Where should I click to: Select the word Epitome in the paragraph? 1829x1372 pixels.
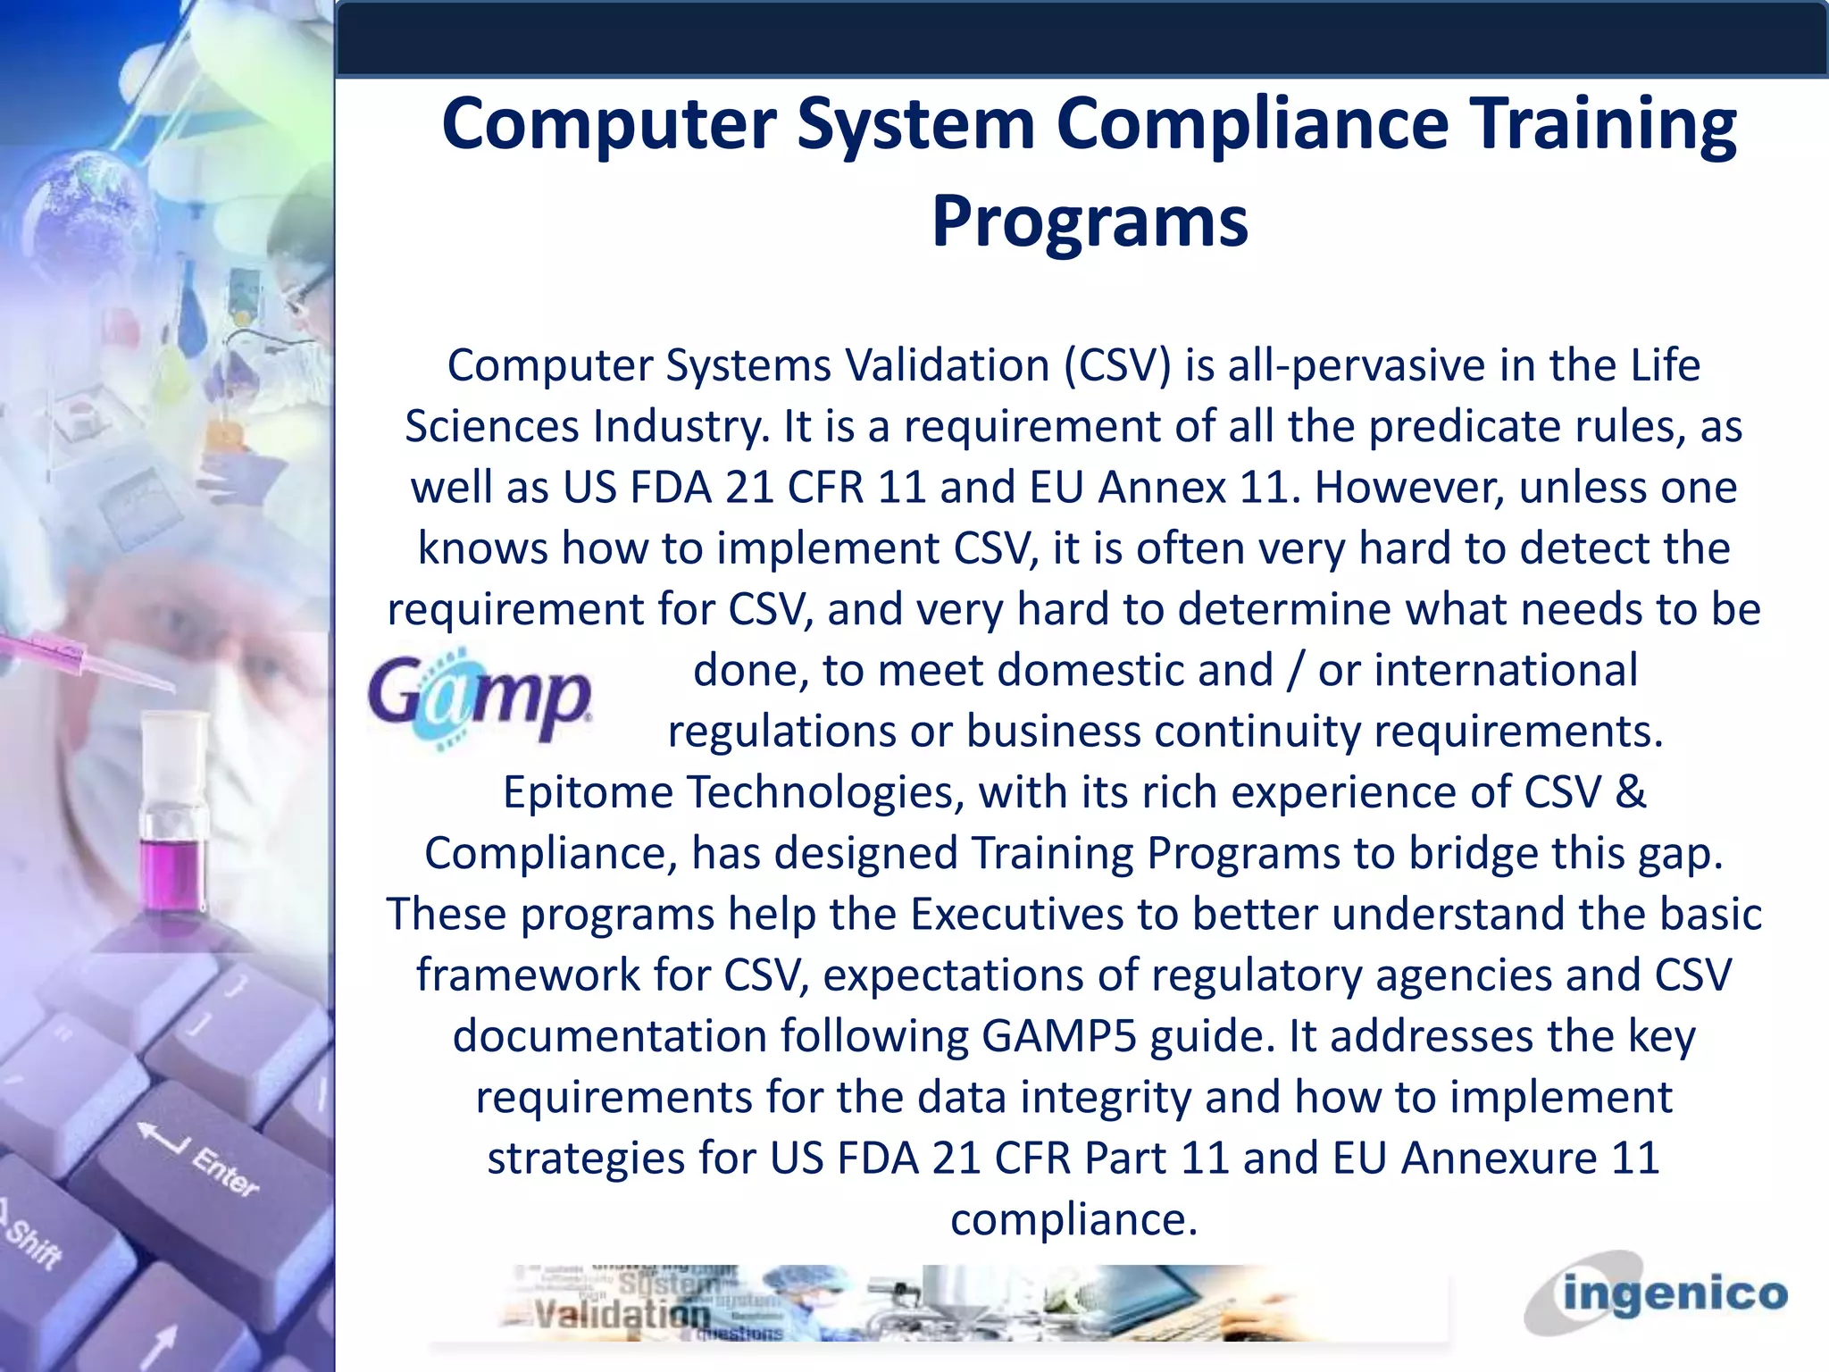pos(588,793)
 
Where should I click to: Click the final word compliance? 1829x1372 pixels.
pos(1073,1220)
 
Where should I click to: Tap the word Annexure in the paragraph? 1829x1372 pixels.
pos(1498,1159)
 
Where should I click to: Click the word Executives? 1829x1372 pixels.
pos(1016,915)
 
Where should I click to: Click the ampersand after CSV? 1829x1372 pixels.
pos(1631,793)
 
